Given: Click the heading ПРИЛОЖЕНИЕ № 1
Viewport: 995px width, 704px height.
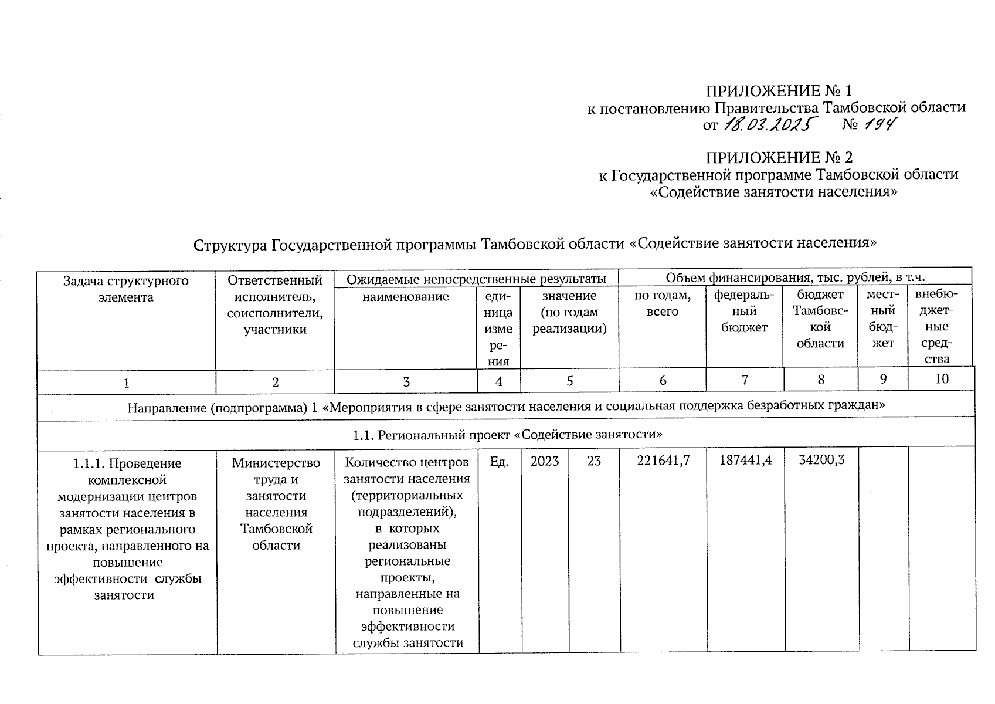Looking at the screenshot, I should click(x=778, y=91).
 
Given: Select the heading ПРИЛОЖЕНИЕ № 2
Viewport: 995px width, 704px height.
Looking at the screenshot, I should click(x=779, y=158).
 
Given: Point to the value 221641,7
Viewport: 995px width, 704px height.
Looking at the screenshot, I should click(x=663, y=461).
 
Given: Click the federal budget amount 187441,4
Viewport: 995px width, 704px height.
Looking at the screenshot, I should click(x=745, y=461).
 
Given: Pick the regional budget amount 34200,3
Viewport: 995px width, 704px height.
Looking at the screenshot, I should click(x=821, y=460).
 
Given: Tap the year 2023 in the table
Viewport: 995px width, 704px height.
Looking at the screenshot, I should click(x=545, y=461).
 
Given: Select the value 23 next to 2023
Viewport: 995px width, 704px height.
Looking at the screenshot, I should click(x=594, y=461).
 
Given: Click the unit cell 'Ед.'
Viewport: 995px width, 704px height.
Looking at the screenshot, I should click(x=499, y=461).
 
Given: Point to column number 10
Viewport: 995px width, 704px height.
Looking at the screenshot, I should click(x=941, y=379).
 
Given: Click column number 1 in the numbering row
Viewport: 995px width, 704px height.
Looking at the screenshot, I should click(x=126, y=383).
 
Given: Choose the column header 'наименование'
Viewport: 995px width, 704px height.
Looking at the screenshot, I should click(x=405, y=297).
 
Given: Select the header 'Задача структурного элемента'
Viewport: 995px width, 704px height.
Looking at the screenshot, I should click(x=126, y=289).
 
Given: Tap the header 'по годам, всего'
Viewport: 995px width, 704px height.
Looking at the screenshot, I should click(x=663, y=304).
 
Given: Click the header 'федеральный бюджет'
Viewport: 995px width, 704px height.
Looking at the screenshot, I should click(x=744, y=312).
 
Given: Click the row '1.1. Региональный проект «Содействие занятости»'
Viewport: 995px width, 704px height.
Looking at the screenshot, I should click(x=507, y=435).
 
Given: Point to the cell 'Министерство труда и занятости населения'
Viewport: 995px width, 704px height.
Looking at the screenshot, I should click(x=276, y=505).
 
